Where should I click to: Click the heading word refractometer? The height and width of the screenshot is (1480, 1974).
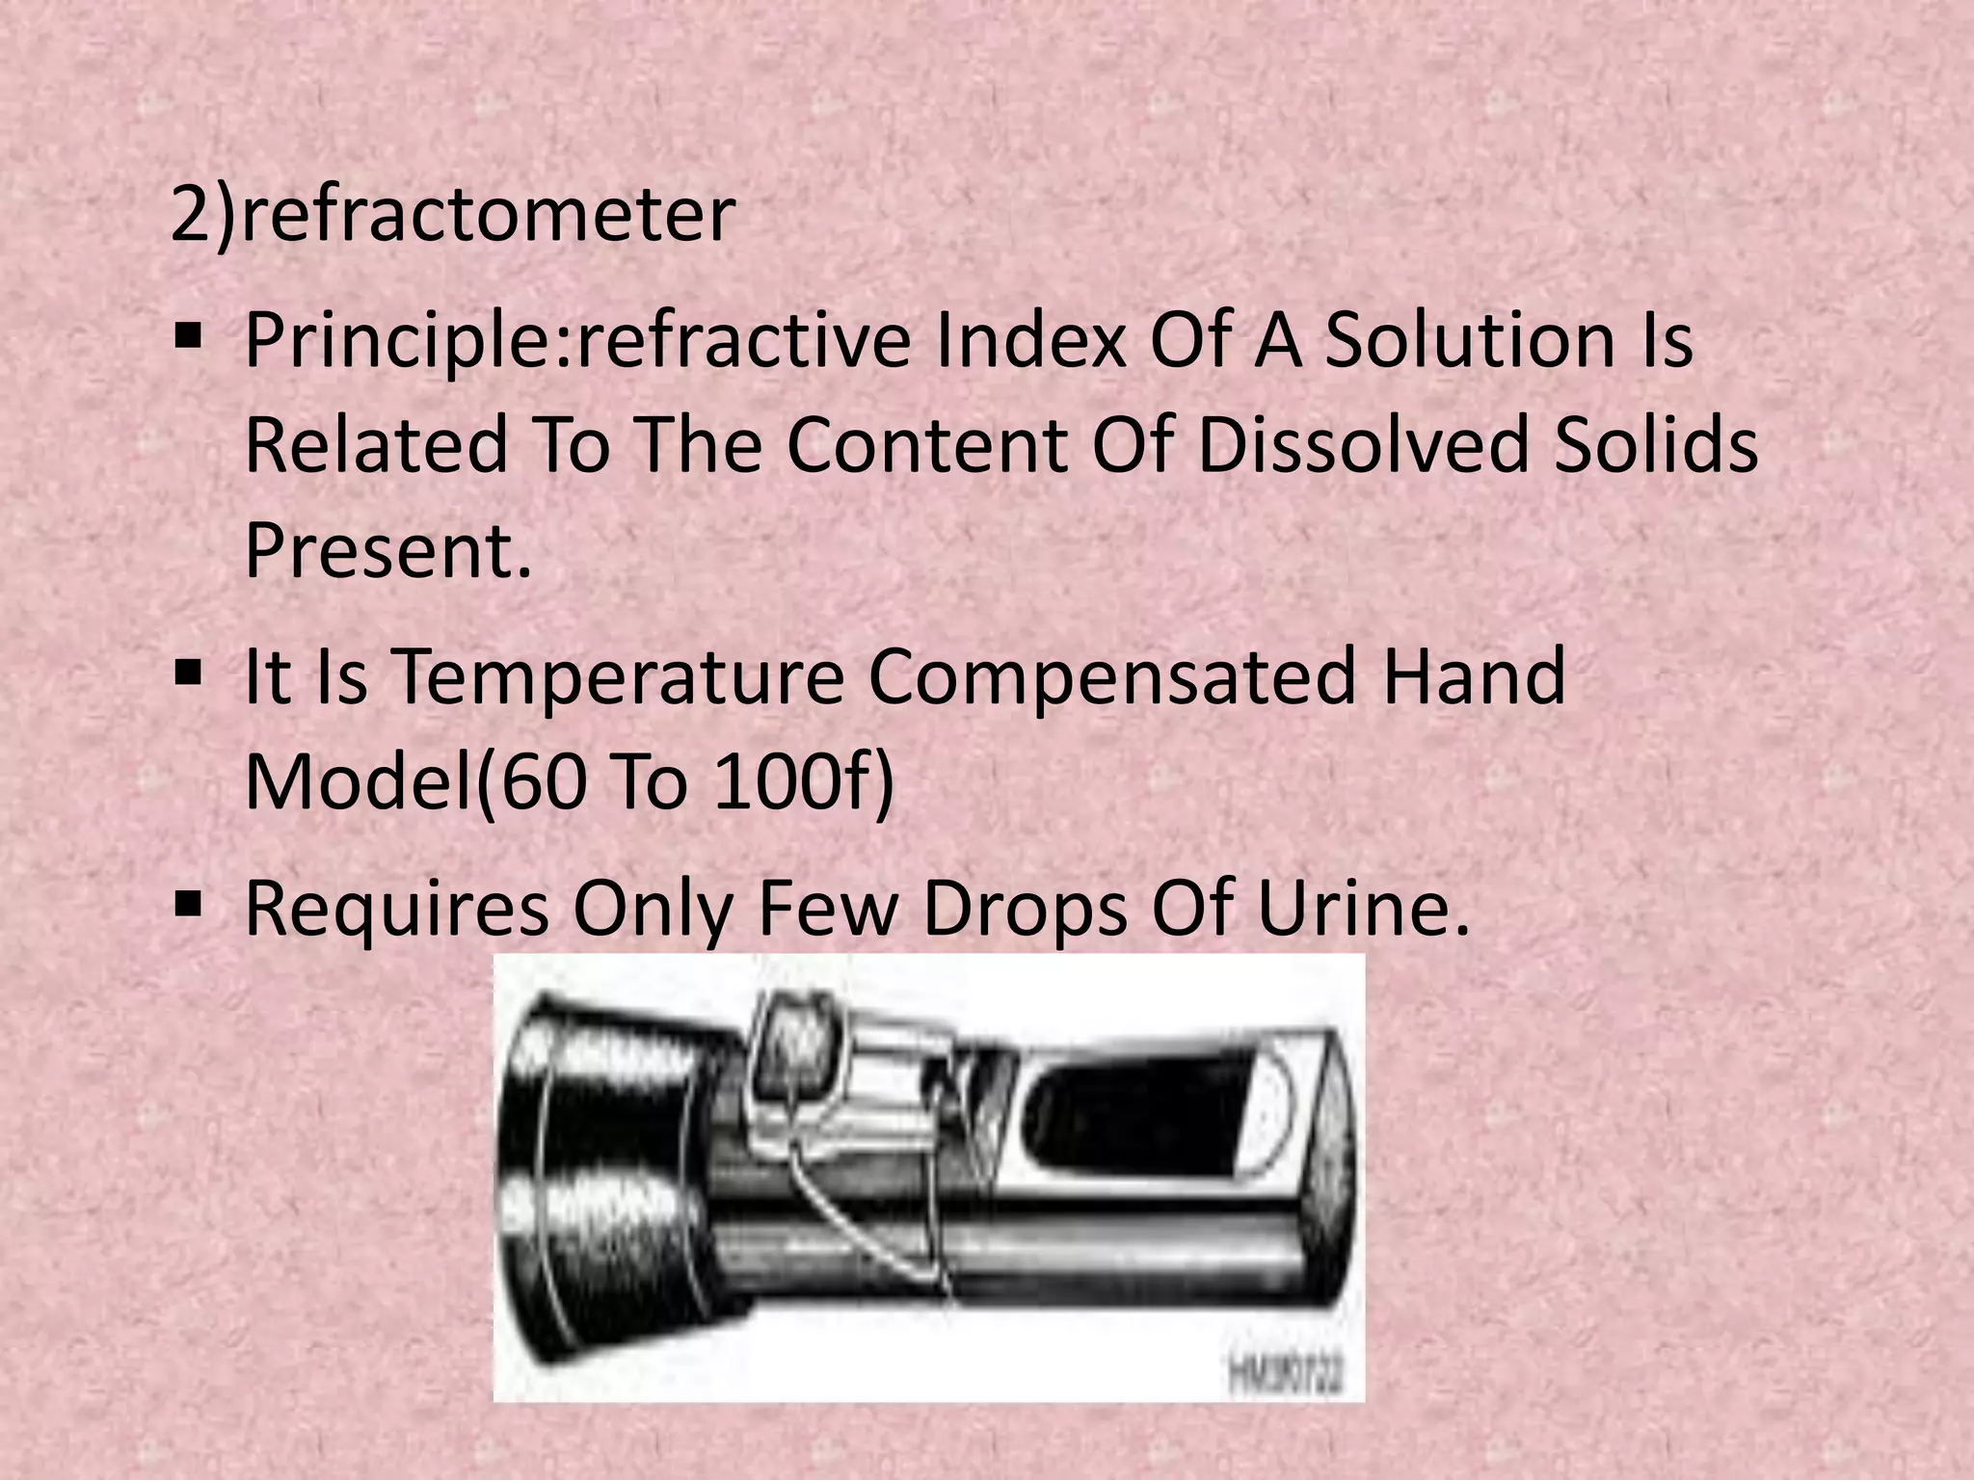[x=488, y=215]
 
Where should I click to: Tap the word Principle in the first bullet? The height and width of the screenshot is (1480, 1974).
[x=406, y=341]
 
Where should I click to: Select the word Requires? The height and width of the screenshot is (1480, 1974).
[x=396, y=908]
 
